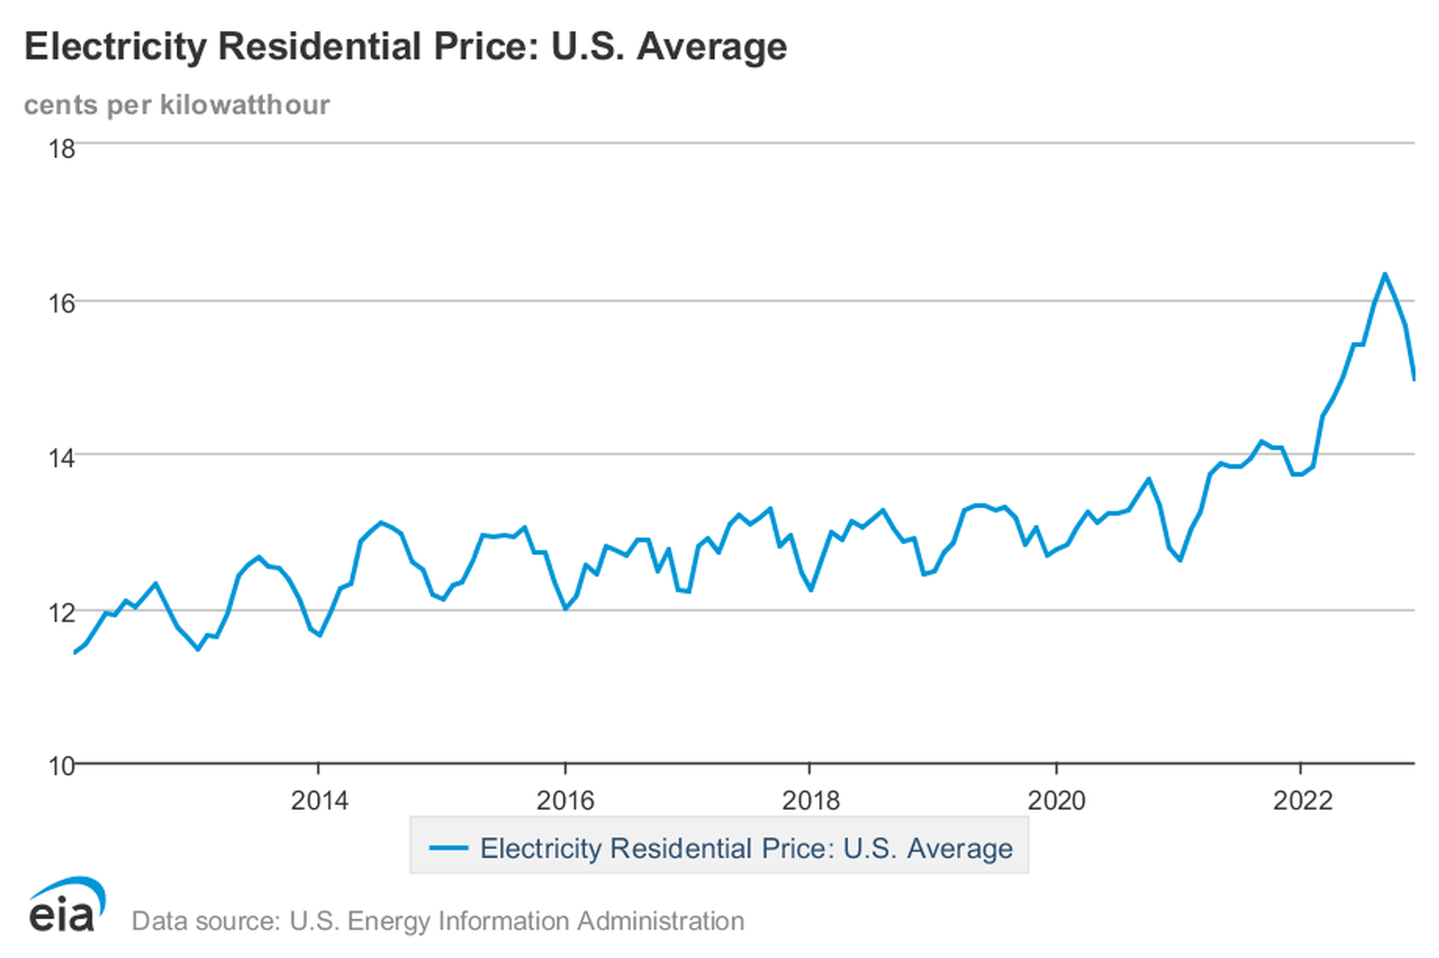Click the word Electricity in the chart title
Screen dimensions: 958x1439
(115, 47)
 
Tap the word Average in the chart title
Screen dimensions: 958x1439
(712, 47)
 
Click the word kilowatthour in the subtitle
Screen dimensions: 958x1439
(244, 105)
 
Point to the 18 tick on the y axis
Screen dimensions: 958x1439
(61, 148)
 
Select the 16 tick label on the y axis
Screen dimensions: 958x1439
(61, 304)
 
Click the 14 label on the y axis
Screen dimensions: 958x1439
(61, 458)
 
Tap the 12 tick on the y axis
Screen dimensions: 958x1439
(61, 613)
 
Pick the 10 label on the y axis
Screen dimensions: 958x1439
(61, 766)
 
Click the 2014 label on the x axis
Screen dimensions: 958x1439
(320, 801)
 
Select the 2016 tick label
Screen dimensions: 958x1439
(565, 801)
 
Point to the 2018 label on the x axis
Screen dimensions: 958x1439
(810, 801)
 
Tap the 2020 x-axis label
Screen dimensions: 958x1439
(1056, 801)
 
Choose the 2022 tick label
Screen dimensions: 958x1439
(1302, 801)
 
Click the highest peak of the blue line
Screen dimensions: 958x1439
(1384, 274)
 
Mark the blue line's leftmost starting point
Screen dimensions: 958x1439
(75, 653)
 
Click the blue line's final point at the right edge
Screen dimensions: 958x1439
(1414, 379)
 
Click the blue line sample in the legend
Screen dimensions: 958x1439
(449, 848)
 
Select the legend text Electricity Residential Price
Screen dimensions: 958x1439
(657, 848)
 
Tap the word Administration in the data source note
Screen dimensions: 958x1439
(661, 922)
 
